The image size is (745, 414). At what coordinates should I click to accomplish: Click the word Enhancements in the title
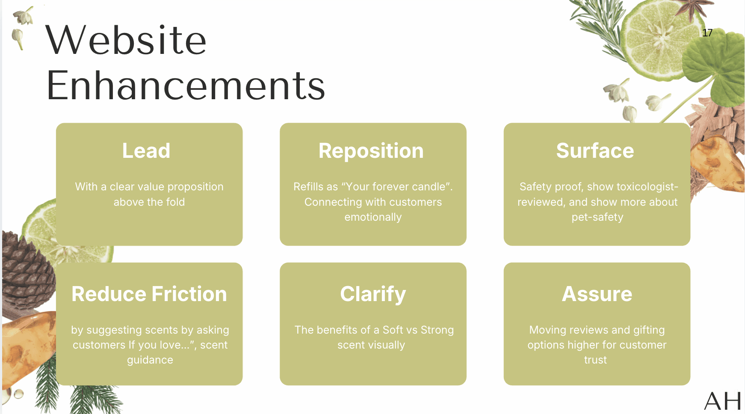(x=186, y=86)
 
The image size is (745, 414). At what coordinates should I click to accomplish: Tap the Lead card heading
(x=146, y=151)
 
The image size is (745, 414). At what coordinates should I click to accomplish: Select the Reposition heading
(x=371, y=151)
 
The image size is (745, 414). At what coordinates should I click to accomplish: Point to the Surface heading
(x=595, y=151)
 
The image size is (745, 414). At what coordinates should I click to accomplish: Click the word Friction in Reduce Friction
(x=189, y=294)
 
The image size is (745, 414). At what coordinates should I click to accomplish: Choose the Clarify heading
(x=373, y=294)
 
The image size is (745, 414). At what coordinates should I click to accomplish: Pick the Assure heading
(x=597, y=294)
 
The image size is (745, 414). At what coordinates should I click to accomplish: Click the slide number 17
(x=707, y=33)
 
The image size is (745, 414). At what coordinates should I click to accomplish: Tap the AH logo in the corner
(x=723, y=401)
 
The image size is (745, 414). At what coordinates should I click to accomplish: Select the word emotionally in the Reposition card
(x=373, y=217)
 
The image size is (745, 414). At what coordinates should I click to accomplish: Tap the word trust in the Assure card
(x=595, y=360)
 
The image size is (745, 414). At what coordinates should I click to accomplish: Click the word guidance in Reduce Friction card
(x=150, y=360)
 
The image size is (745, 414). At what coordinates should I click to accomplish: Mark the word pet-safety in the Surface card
(x=597, y=217)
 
